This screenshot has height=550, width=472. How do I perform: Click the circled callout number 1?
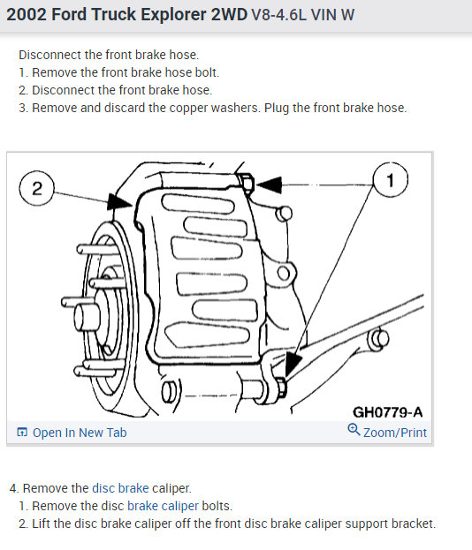(x=390, y=180)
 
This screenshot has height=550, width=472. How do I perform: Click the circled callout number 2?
(x=37, y=188)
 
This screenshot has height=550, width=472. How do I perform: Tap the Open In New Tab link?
(x=80, y=433)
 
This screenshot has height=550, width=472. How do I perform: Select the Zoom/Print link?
(x=395, y=433)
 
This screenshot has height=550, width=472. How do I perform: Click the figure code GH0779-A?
(x=388, y=412)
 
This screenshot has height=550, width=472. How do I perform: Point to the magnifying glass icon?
(x=354, y=430)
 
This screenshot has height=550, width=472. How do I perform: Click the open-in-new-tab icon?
(x=22, y=433)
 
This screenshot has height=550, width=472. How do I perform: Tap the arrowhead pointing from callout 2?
(x=119, y=202)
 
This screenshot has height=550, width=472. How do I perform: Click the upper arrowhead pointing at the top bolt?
(x=270, y=185)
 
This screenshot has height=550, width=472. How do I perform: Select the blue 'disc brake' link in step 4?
(x=120, y=488)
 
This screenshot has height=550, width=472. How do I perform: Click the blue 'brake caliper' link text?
(x=163, y=506)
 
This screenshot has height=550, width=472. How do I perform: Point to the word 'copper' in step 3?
(x=188, y=108)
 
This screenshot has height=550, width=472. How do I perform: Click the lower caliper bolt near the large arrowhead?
(x=281, y=388)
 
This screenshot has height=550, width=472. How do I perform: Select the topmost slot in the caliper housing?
(x=198, y=203)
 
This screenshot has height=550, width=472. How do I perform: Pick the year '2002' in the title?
(x=27, y=15)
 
